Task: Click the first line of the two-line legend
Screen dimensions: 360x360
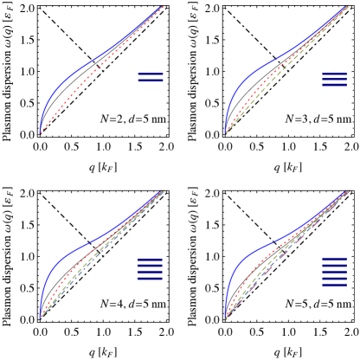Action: (151, 75)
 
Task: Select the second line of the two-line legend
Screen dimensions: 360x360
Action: (151, 81)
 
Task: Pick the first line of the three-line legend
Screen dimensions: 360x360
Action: (334, 74)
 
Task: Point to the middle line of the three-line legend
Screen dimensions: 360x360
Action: (334, 80)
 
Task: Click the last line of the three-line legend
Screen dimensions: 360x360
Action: (334, 86)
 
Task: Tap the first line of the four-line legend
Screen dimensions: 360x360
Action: (150, 260)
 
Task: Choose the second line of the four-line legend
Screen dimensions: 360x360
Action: (150, 266)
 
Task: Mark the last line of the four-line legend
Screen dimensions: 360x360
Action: (150, 278)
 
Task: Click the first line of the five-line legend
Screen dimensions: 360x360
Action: (334, 259)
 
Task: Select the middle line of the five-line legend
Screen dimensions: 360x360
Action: (334, 271)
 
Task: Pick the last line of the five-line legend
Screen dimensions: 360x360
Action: (334, 284)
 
